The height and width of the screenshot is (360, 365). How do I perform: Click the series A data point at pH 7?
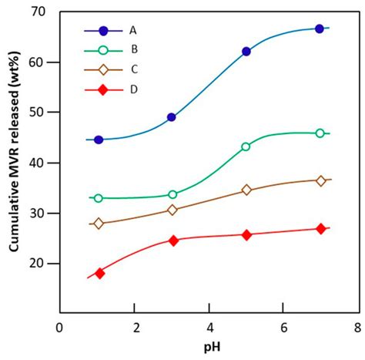point(320,29)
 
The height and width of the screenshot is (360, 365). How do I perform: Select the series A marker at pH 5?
point(246,52)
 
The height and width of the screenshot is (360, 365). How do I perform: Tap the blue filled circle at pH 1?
point(99,140)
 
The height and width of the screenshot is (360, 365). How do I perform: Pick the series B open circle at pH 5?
point(246,146)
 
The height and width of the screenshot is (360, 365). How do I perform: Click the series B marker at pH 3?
point(172,194)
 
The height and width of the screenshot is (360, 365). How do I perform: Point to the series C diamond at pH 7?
point(320,180)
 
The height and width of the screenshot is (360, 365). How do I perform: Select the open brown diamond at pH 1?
point(99,224)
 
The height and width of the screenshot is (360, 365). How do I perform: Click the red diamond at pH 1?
point(99,273)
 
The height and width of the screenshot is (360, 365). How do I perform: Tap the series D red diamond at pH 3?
point(173,241)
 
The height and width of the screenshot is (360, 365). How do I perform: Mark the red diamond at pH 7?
point(320,229)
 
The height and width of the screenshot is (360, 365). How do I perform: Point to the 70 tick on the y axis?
point(44,12)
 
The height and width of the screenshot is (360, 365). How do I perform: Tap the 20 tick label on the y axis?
point(44,264)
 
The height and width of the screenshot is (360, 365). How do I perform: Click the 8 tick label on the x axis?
point(357,327)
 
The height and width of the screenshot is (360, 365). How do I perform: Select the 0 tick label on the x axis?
point(61,327)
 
